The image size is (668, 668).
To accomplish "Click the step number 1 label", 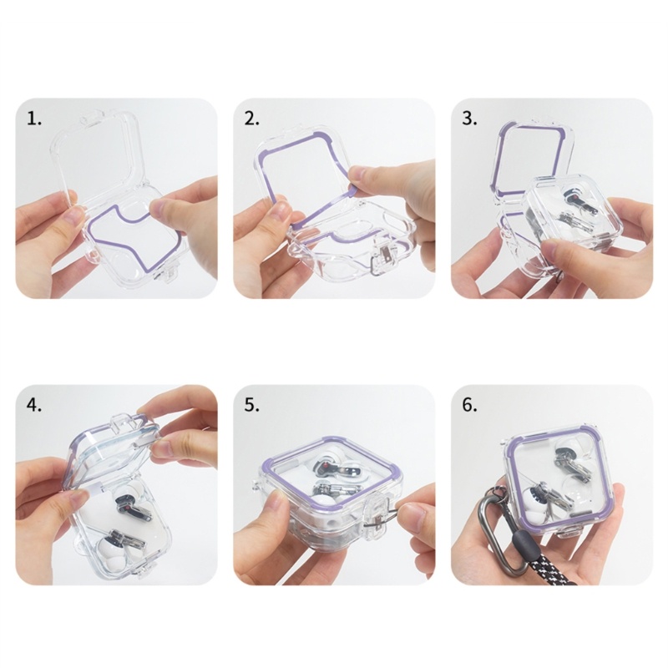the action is [x=34, y=119].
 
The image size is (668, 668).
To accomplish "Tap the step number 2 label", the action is [x=252, y=119].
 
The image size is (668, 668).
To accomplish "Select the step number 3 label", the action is [x=469, y=119].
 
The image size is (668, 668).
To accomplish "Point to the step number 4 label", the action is [x=34, y=406].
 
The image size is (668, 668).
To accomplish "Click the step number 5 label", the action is [x=252, y=406].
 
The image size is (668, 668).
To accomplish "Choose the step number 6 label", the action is [x=469, y=406].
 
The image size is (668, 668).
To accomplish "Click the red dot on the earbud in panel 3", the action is [x=574, y=198].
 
